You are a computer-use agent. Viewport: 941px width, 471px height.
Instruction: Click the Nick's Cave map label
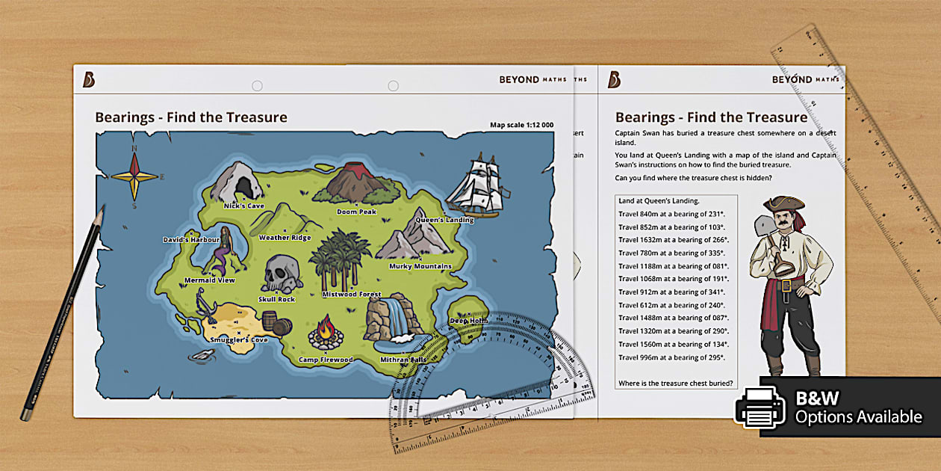(244, 206)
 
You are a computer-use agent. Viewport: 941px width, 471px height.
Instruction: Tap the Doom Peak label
(356, 212)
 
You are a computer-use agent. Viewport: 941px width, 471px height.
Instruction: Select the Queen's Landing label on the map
(444, 221)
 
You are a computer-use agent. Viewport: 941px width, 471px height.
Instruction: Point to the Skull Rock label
(276, 299)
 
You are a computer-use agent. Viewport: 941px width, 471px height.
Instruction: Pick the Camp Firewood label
(326, 360)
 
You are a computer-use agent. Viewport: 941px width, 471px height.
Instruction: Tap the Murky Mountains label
(420, 266)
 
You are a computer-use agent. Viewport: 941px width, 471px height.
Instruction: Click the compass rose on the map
(135, 176)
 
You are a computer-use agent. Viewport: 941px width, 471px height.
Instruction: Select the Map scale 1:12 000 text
(521, 125)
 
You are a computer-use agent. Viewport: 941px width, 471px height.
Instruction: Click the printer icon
(760, 408)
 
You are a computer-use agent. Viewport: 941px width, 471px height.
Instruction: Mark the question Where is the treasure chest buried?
(675, 384)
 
